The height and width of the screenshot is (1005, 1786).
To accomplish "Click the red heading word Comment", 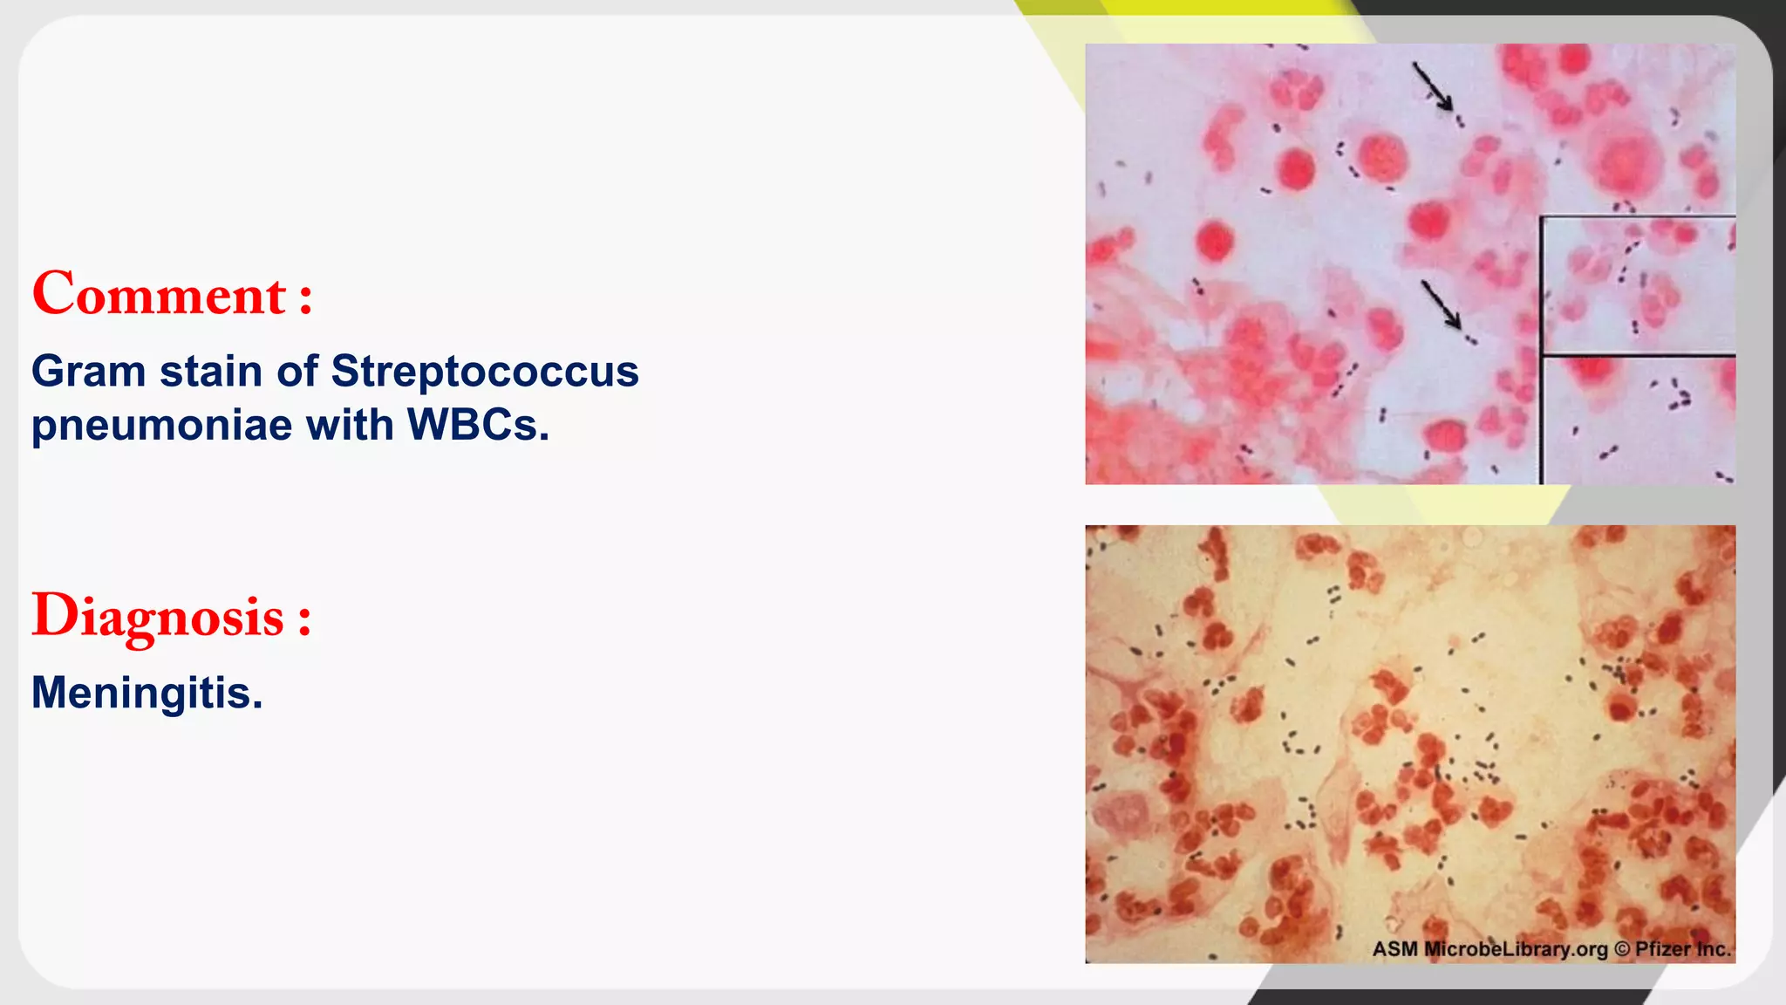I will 159,294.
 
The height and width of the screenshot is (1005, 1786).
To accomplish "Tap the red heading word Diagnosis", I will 158,617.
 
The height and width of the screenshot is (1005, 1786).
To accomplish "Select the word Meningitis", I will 142,693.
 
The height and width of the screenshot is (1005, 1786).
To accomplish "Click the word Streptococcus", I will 485,371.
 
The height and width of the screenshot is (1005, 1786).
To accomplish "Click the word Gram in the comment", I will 88,371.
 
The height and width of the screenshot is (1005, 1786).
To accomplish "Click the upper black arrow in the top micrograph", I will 1433,86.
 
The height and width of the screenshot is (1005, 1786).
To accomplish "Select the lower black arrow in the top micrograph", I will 1441,304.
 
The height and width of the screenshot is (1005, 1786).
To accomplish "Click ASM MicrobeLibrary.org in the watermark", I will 1489,949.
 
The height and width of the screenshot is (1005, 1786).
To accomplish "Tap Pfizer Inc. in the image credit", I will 1682,949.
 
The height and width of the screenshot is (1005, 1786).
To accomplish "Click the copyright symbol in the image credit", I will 1621,949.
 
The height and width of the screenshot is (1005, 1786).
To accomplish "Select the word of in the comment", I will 297,371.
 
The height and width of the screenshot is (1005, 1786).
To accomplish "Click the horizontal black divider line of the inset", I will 1638,355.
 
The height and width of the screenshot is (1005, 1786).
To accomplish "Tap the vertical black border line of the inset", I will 1542,349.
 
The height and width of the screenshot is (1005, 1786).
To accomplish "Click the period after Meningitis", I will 257,706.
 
